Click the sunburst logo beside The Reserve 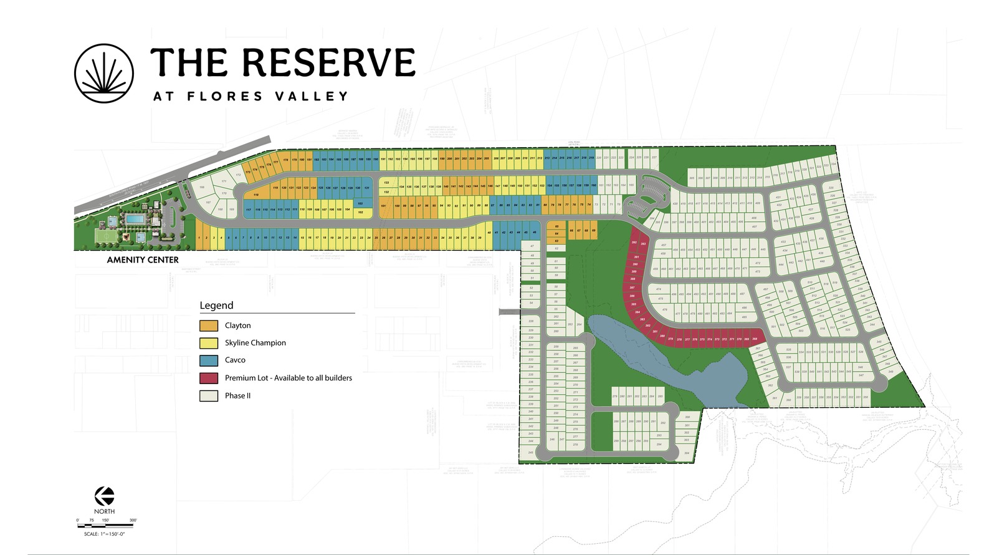click(x=104, y=73)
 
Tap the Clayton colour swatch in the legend click(x=209, y=326)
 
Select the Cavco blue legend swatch click(x=209, y=360)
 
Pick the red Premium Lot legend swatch click(x=209, y=378)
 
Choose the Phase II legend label click(x=237, y=396)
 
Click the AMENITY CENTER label click(x=143, y=260)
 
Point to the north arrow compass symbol click(x=104, y=496)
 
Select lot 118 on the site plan click(x=256, y=195)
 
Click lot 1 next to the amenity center click(x=199, y=238)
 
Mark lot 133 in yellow click(x=386, y=183)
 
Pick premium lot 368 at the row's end click(x=755, y=339)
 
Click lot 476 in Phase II click(x=664, y=309)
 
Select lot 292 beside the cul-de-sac click(x=663, y=423)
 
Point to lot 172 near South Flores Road click(x=238, y=175)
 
